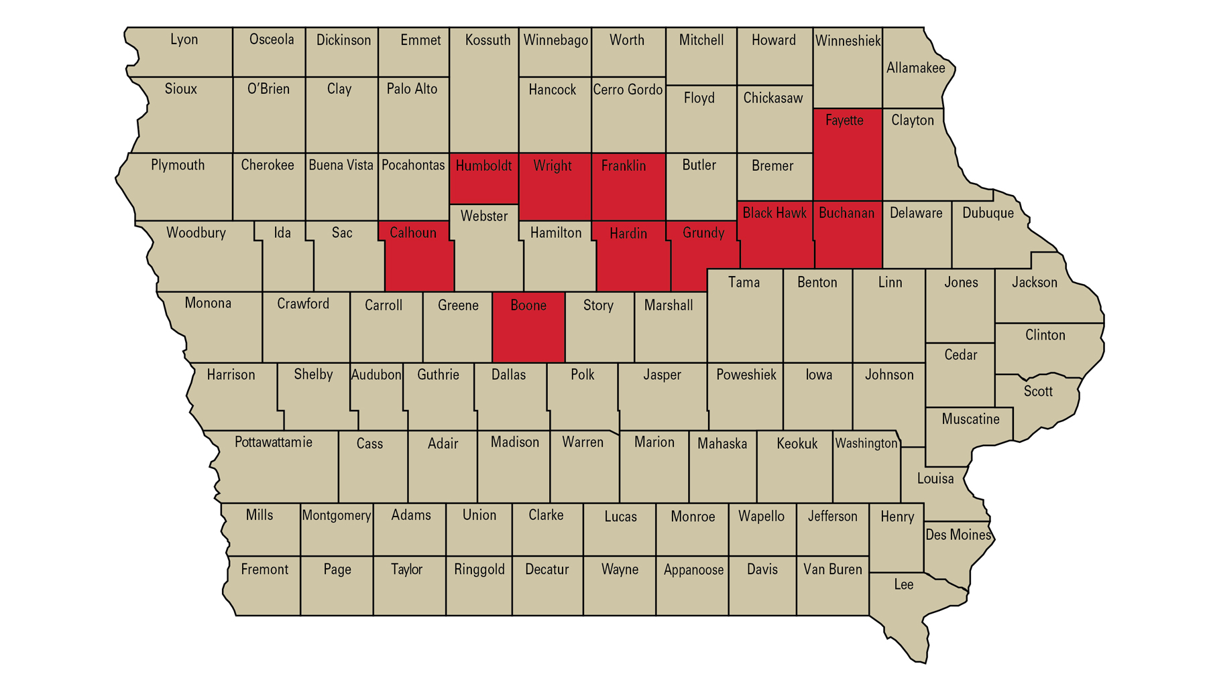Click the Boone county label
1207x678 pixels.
coord(528,306)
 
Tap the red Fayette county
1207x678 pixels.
coord(847,157)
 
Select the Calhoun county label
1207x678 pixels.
coord(413,232)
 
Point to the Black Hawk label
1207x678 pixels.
coord(774,213)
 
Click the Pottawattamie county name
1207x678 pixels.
coord(274,442)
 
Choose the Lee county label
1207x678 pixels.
coord(903,584)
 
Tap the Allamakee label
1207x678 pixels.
coord(915,68)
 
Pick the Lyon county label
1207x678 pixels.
coord(184,40)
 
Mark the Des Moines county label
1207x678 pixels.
coord(958,535)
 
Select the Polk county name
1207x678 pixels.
coord(582,375)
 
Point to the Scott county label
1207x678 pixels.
coord(1038,391)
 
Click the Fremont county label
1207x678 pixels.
coord(264,569)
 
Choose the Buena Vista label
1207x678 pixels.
coord(341,165)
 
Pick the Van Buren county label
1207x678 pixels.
coord(832,569)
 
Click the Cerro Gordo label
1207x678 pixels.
coord(628,89)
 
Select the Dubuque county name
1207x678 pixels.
coord(988,213)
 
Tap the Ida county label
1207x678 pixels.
coord(282,232)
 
